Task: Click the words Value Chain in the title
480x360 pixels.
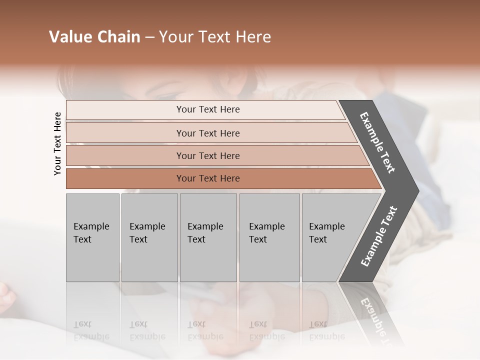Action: [94, 37]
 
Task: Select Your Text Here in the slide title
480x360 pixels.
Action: [215, 37]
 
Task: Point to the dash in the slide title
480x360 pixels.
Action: [149, 37]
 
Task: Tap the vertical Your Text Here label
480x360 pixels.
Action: [57, 143]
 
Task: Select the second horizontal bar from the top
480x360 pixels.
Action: [207, 133]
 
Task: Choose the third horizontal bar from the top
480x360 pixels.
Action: [207, 155]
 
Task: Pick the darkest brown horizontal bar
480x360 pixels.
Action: [207, 178]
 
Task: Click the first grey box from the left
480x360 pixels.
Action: [92, 237]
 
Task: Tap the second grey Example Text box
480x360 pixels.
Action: [149, 237]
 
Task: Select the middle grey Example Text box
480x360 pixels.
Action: [208, 237]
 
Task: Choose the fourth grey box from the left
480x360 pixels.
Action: [269, 237]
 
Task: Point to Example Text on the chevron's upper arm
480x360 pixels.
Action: [377, 142]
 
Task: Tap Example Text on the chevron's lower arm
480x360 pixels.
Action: [378, 236]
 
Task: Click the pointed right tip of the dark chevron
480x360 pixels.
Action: [415, 190]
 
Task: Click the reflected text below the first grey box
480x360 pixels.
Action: [91, 330]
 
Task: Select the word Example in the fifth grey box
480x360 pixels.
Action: [326, 226]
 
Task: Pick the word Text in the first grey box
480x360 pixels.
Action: [82, 239]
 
